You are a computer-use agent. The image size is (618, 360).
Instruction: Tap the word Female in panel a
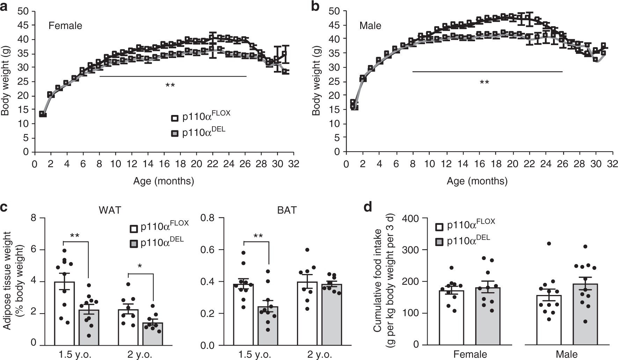coord(65,26)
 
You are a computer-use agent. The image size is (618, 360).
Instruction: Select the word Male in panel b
coord(370,26)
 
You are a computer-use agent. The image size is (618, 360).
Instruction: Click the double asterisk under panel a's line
coord(170,86)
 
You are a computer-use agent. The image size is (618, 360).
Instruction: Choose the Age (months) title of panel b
coord(477,181)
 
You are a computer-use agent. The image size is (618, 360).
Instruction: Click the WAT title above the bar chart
coord(108,210)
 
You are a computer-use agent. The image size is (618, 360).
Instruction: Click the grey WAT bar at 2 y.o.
coord(153,334)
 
